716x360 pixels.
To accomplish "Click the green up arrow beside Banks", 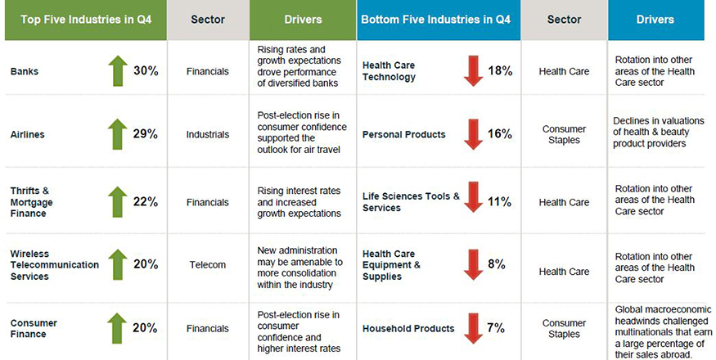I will tap(116, 72).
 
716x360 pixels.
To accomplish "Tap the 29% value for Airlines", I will tap(146, 133).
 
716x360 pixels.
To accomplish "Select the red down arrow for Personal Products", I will tap(472, 134).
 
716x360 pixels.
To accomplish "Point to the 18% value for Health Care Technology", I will tap(500, 71).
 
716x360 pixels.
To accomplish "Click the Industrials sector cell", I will tap(208, 134).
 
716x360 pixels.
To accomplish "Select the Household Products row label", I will tap(408, 329).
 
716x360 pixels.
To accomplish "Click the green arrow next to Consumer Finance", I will tap(116, 328).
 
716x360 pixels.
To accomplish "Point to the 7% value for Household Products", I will tap(496, 328).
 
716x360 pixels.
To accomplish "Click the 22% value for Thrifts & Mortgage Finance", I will tap(146, 202).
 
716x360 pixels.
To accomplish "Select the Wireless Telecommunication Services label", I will tap(54, 265).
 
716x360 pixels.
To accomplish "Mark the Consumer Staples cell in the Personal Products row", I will tap(564, 134).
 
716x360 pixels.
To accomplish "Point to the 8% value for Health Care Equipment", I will tap(496, 264).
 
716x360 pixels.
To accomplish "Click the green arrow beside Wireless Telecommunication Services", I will tap(116, 265).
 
